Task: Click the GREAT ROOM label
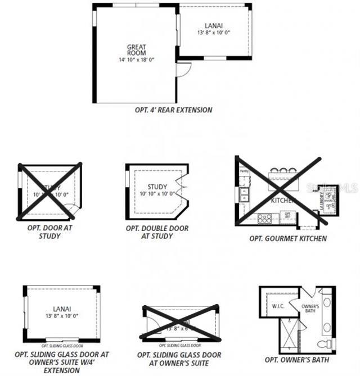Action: pyautogui.click(x=136, y=49)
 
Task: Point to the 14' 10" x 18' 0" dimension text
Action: pyautogui.click(x=136, y=60)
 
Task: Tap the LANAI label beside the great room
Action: pyautogui.click(x=213, y=25)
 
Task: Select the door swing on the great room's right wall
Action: pyautogui.click(x=184, y=70)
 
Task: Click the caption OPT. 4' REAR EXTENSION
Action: pyautogui.click(x=173, y=110)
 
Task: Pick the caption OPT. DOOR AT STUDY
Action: pyautogui.click(x=50, y=232)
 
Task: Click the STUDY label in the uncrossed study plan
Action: pyautogui.click(x=157, y=187)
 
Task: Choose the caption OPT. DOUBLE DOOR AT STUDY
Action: pyautogui.click(x=157, y=232)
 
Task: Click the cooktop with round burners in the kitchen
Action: pyautogui.click(x=264, y=216)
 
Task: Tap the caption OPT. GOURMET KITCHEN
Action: pyautogui.click(x=288, y=238)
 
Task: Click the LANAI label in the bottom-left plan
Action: pyautogui.click(x=62, y=308)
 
